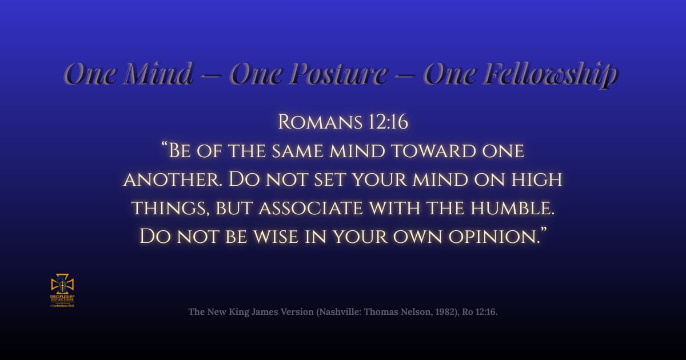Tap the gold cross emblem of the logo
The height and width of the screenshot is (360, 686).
62,284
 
